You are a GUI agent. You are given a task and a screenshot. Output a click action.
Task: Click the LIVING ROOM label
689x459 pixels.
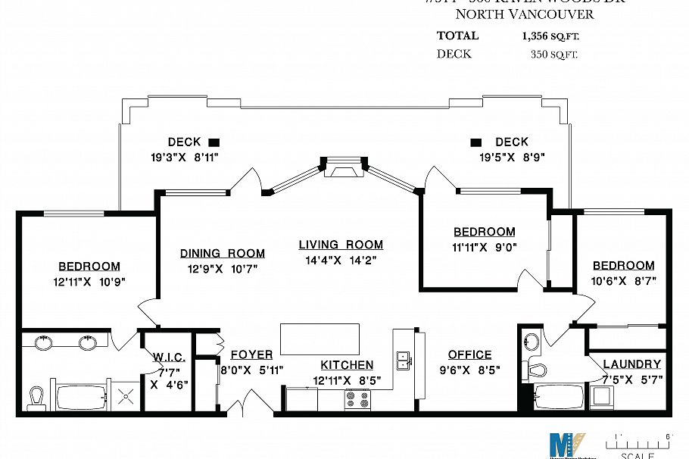tap(340, 245)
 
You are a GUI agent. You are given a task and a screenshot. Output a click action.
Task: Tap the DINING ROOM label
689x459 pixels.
tap(222, 253)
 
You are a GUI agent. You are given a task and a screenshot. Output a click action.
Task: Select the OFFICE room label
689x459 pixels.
tap(469, 354)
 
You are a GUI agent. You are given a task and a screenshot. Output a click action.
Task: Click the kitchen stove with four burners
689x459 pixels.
tap(357, 398)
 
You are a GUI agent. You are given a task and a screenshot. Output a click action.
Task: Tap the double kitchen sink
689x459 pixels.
tap(404, 358)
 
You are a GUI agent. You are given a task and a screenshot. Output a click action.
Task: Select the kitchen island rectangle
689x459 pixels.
tap(320, 339)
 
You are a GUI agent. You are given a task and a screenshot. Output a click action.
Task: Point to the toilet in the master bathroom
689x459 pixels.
tap(36, 395)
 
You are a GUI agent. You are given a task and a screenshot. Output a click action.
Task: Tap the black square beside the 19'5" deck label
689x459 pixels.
tap(476, 142)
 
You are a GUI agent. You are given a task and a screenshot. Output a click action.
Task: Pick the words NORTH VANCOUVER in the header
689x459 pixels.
tap(524, 14)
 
